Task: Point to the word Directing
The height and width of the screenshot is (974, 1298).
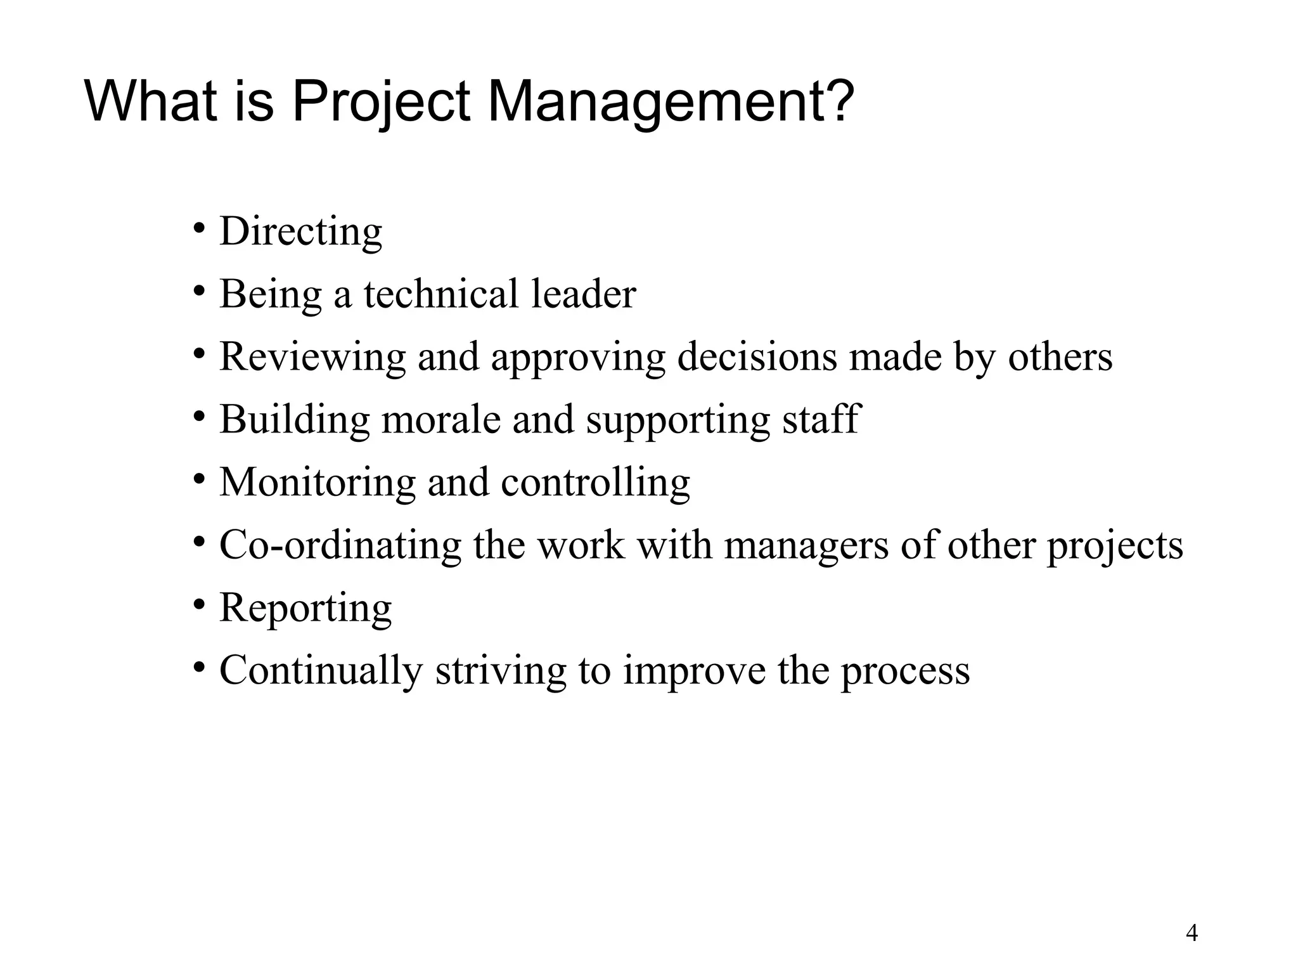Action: [301, 232]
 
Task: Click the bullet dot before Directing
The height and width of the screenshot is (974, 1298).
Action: [199, 228]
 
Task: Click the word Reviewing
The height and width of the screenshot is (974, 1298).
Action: [312, 357]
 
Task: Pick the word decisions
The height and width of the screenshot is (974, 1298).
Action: [757, 356]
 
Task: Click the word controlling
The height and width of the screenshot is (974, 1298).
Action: [595, 483]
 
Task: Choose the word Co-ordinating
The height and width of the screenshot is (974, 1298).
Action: [340, 545]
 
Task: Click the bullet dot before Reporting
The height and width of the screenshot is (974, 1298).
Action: [199, 604]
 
